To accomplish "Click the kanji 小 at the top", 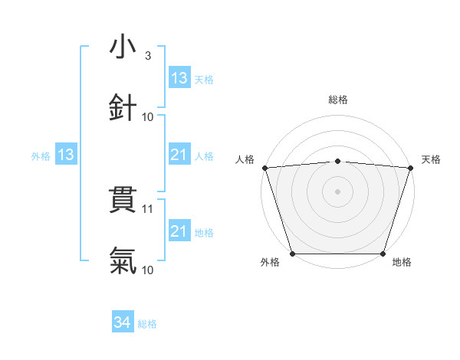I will click(123, 47).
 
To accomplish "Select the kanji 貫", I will click(123, 201).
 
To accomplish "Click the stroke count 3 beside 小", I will click(147, 56).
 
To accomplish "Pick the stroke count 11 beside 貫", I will click(148, 208).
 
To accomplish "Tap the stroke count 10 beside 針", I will click(148, 116).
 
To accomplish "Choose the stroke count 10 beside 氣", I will click(148, 270).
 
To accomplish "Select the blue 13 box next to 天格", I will click(179, 78).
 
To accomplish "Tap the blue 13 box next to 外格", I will click(65, 155).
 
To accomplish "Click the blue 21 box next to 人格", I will click(179, 155).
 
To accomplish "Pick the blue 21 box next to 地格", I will click(179, 231).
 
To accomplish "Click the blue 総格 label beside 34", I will click(147, 324).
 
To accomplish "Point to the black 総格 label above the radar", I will click(337, 100).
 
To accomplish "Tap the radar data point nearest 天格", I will click(410, 168).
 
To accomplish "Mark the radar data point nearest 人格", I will click(264, 168).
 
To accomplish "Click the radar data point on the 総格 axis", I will click(337, 161).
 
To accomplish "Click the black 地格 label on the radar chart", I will click(402, 262).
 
